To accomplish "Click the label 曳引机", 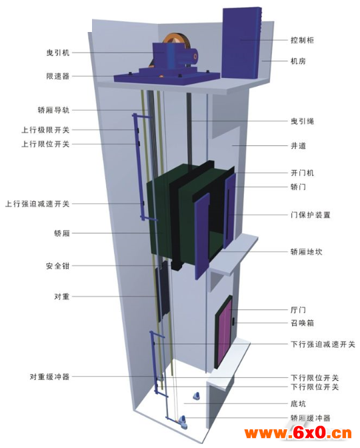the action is coord(58,53).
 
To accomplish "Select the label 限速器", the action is coord(58,76).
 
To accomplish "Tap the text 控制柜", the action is coord(302,40).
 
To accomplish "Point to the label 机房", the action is coord(298,61).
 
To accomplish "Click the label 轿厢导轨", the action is coord(54,110).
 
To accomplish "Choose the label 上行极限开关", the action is coord(46,130).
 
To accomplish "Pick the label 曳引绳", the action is coord(302,121).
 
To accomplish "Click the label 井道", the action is coord(298,146).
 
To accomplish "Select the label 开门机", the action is coord(302,173).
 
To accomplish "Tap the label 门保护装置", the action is coord(310,215).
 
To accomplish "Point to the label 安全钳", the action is coord(58,266).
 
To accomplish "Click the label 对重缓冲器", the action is coord(50,377).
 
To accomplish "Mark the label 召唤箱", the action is coord(302,323).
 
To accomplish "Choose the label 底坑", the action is coord(298,404).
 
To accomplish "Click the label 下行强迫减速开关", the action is coord(323,344).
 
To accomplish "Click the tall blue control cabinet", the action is coord(242,43).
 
